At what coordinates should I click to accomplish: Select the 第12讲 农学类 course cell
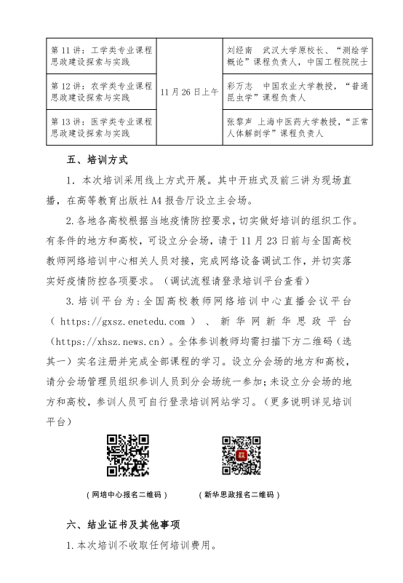(x=101, y=91)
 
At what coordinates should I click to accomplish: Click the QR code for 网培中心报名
(x=128, y=455)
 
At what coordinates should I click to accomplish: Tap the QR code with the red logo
(x=242, y=455)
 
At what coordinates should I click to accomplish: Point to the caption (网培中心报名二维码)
(x=126, y=494)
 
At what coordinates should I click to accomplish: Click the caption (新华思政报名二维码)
(x=239, y=494)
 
